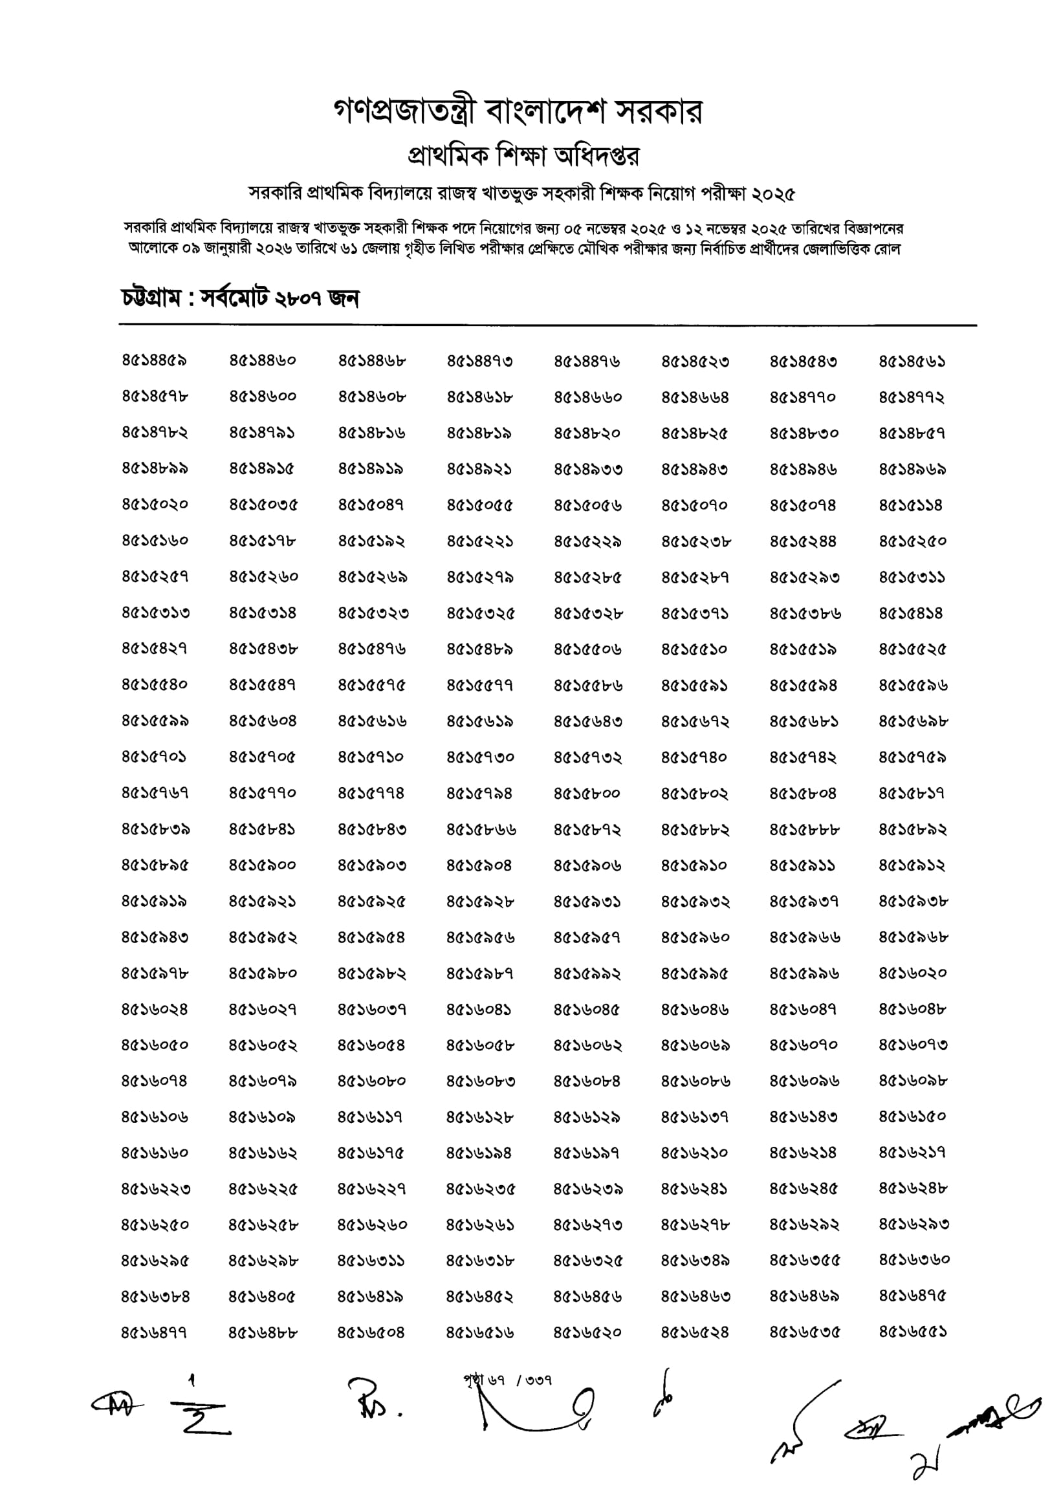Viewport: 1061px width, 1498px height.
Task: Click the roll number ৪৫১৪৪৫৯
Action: tap(154, 360)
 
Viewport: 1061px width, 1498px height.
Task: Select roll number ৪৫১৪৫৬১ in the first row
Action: tap(912, 361)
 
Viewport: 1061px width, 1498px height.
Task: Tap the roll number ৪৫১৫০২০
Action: tap(154, 505)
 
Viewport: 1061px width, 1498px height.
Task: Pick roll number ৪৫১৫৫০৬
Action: tap(587, 649)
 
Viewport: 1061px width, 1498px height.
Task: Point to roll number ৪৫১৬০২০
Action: tap(912, 973)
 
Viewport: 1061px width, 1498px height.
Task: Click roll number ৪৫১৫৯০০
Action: tap(262, 865)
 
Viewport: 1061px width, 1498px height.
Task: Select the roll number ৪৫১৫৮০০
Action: tap(587, 794)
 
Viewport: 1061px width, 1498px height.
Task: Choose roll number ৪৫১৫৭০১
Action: tap(154, 757)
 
